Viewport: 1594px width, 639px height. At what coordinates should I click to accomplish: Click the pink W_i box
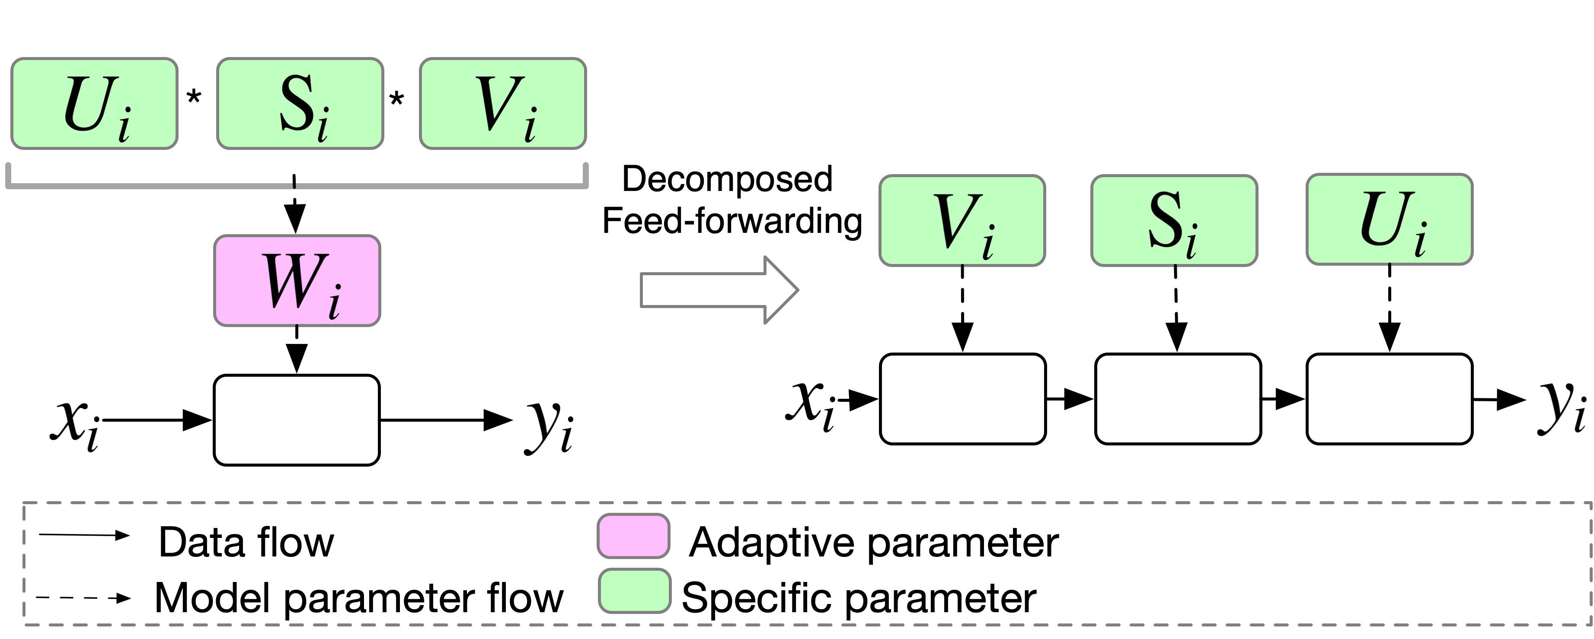tap(297, 280)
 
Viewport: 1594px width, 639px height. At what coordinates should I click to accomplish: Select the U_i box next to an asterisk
tap(95, 103)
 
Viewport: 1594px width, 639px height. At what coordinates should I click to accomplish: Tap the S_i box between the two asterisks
tap(300, 103)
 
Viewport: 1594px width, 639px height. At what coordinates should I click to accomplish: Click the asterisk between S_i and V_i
tap(396, 99)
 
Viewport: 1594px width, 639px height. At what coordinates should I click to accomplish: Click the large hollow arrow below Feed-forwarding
tap(719, 289)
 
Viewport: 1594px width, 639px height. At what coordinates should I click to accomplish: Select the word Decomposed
tap(727, 179)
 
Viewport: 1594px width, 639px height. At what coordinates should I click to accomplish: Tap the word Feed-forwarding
tap(732, 221)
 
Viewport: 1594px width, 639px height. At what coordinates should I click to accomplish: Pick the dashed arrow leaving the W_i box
tap(297, 350)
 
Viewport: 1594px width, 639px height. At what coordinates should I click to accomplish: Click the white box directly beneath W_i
tap(297, 420)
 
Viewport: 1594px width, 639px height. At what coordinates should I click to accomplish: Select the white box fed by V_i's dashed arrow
tap(963, 399)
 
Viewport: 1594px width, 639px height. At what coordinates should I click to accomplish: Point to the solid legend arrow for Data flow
tap(85, 535)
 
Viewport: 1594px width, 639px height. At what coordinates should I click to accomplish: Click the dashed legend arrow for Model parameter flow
tap(83, 598)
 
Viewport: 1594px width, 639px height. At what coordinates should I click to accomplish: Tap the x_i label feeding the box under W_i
tap(74, 425)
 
